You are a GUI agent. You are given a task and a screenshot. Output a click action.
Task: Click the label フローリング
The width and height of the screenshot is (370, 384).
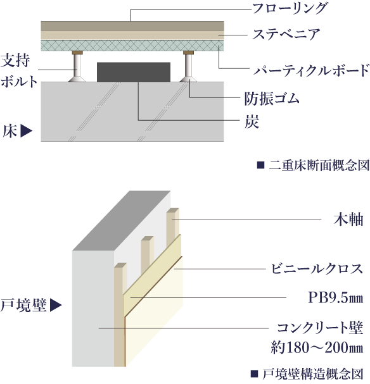290,9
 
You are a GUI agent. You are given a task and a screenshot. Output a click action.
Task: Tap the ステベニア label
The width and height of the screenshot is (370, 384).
286,34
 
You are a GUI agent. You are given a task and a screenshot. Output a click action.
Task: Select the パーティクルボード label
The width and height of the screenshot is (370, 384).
311,70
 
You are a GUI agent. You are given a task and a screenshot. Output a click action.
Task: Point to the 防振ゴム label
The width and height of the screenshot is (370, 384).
272,99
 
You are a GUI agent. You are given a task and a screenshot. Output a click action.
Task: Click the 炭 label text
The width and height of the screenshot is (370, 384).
252,121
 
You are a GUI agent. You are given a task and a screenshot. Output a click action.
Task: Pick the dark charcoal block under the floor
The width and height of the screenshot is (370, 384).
134,72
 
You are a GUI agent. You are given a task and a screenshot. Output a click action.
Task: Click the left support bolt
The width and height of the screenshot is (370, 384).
77,66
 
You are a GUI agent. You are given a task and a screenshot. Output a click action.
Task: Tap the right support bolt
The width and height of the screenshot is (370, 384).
188,66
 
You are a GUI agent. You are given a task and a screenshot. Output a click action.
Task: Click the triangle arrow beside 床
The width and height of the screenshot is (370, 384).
27,131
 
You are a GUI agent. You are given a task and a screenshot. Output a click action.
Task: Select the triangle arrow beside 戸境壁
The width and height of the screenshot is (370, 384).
56,305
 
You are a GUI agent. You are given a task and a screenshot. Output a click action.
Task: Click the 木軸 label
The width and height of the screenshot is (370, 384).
348,219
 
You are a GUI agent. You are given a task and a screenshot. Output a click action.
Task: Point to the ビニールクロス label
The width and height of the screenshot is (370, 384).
317,269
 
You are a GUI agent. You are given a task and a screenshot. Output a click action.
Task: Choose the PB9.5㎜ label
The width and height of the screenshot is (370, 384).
335,298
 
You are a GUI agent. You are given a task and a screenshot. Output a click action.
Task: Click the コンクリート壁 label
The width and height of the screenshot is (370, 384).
320,328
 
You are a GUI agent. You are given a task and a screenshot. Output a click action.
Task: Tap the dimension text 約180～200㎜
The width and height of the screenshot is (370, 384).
317,347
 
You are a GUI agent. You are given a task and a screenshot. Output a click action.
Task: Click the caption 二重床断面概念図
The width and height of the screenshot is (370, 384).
319,165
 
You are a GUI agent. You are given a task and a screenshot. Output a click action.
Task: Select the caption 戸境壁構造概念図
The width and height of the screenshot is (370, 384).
313,374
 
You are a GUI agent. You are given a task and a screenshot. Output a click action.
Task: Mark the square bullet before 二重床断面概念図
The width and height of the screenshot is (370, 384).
260,165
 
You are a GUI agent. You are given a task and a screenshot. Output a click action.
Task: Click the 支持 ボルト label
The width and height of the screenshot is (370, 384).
18,70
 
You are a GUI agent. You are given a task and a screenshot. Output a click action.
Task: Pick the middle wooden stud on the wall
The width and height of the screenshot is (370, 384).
148,255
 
